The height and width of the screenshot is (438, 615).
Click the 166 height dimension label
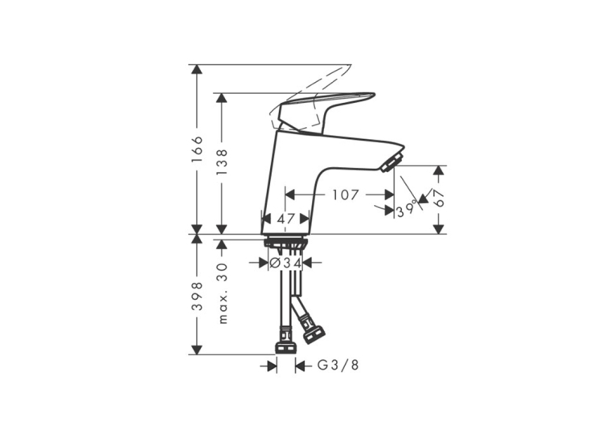[x=197, y=149]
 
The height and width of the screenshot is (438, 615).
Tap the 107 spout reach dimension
[x=346, y=194]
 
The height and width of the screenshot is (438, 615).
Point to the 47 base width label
[x=286, y=219]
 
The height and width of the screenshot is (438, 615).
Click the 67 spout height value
[x=439, y=198]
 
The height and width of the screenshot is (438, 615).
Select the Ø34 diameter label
[x=286, y=263]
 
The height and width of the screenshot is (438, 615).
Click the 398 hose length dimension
[x=197, y=296]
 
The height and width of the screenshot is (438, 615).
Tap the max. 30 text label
[x=222, y=293]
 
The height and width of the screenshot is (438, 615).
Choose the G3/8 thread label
[x=338, y=366]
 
